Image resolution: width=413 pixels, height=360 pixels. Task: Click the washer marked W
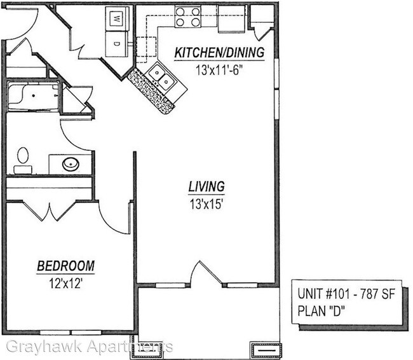pyautogui.click(x=117, y=19)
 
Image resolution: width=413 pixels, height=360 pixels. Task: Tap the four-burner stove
pyautogui.click(x=187, y=17)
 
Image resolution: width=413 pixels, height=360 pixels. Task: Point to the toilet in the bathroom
pyautogui.click(x=23, y=160)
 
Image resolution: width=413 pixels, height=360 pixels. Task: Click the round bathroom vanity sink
pyautogui.click(x=70, y=164)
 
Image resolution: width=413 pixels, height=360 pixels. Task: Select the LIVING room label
pyautogui.click(x=206, y=187)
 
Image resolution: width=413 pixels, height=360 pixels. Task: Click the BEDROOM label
pyautogui.click(x=65, y=265)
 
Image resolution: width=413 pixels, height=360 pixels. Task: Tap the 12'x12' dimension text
pyautogui.click(x=65, y=281)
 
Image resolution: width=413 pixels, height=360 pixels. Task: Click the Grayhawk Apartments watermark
pyautogui.click(x=89, y=347)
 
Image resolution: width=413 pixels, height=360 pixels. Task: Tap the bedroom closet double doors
pyautogui.click(x=50, y=211)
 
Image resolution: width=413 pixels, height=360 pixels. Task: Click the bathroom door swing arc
pyautogui.click(x=74, y=130)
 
